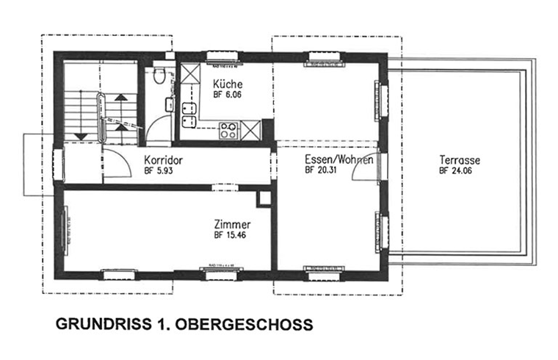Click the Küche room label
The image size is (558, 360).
(227, 84)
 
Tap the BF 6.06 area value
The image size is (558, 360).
(227, 96)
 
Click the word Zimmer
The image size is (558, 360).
(233, 225)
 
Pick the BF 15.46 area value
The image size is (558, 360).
(231, 236)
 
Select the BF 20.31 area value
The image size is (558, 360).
(321, 170)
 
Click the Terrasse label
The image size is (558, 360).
(459, 159)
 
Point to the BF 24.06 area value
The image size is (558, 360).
(456, 170)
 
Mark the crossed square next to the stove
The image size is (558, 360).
(250, 131)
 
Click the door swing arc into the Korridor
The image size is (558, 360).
(114, 165)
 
